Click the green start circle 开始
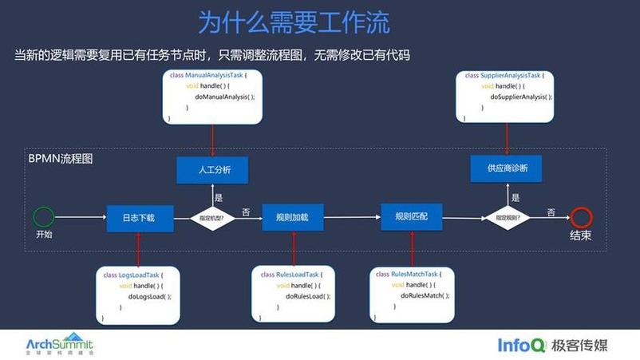[x=44, y=216]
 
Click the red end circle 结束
[x=581, y=217]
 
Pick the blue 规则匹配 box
[x=411, y=216]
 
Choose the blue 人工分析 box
[x=213, y=170]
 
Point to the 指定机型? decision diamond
[x=211, y=217]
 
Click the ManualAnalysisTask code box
[x=213, y=96]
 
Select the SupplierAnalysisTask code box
[x=509, y=96]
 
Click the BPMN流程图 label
[x=61, y=159]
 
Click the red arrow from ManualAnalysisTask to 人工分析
[x=213, y=140]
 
